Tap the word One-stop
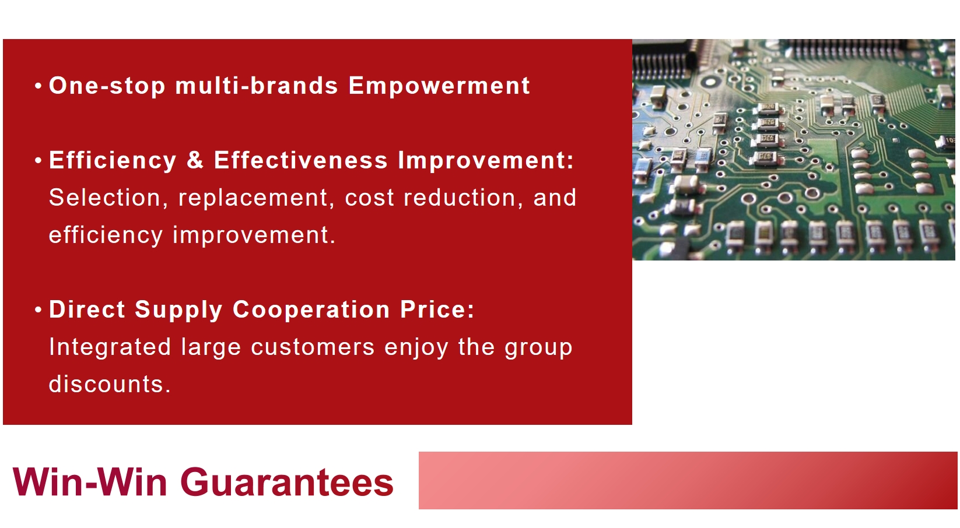[107, 86]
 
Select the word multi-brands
[257, 85]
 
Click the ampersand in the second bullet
[195, 160]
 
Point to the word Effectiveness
[301, 160]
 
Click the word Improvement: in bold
[486, 161]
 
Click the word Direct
[87, 309]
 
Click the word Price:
[437, 309]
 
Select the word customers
[313, 347]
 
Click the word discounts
[110, 383]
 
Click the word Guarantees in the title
[287, 482]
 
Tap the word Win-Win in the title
[90, 482]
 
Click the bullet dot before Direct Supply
[38, 309]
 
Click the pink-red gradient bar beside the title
[688, 480]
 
